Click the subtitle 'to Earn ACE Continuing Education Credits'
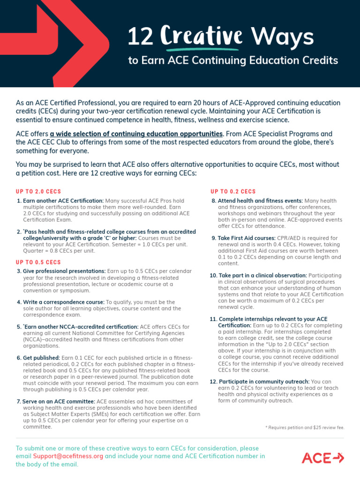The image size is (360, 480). click(233, 60)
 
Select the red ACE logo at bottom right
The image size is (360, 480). click(322, 457)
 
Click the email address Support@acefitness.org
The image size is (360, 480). click(68, 456)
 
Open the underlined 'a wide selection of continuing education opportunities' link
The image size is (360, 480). click(136, 134)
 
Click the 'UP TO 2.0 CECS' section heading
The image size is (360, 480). click(38, 192)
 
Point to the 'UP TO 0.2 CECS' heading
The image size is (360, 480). click(233, 192)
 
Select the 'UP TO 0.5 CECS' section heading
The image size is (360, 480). click(38, 262)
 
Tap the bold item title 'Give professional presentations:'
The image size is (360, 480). click(64, 271)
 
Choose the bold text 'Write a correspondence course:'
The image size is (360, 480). click(64, 302)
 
